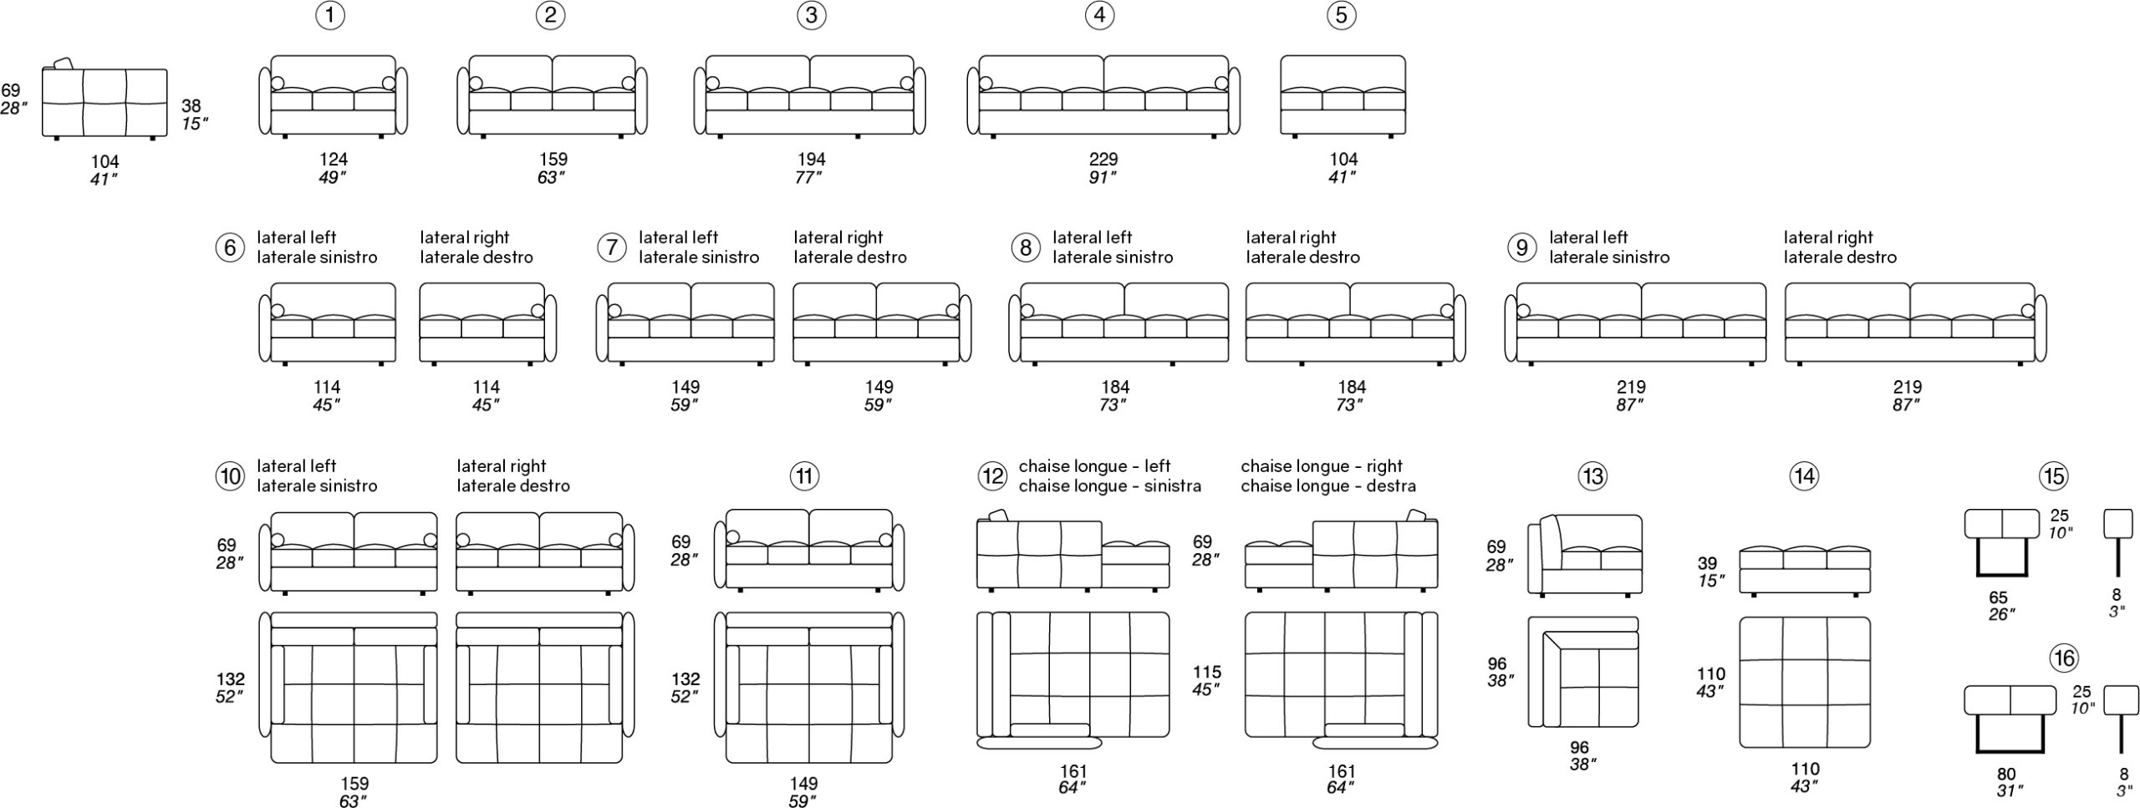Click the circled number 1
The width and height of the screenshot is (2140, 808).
pos(331,16)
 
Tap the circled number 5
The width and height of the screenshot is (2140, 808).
pos(1341,16)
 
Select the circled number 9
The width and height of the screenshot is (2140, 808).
pos(1521,247)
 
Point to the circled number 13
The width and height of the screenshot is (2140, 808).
pos(1592,476)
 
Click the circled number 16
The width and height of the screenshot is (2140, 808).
pos(2064,658)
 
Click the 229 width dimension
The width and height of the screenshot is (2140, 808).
pos(1103,159)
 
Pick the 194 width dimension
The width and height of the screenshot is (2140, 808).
pos(811,159)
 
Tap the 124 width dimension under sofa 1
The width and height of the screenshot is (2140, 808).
pos(333,159)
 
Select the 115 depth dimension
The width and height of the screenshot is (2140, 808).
pos(1207,672)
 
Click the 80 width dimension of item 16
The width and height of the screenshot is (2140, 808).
pos(2007,774)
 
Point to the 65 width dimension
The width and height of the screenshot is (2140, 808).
pos(1998,598)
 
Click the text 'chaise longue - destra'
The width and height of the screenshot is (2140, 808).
pos(1328,486)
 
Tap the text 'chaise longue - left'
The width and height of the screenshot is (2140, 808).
pos(1094,466)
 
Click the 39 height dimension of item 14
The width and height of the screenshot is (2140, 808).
pos(1707,564)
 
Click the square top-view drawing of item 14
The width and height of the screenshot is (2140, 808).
pos(1805,683)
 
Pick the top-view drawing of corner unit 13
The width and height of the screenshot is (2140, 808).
pos(1583,672)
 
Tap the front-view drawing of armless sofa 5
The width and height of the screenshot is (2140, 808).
pos(1343,95)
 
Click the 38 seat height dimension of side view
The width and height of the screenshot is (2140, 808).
pos(191,106)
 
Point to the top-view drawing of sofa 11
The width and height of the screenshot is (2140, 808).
pos(809,688)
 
